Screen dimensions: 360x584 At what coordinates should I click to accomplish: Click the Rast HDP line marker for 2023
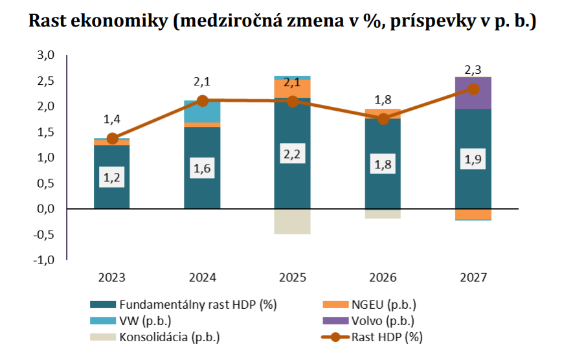pyautogui.click(x=112, y=139)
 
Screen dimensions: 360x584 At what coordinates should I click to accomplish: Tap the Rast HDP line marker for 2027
pyautogui.click(x=473, y=89)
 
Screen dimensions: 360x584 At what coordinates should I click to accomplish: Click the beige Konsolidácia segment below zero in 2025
pyautogui.click(x=292, y=221)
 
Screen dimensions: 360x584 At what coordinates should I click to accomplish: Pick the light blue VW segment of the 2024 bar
pyautogui.click(x=202, y=111)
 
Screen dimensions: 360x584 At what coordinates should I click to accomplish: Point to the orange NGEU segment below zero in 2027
pyautogui.click(x=473, y=214)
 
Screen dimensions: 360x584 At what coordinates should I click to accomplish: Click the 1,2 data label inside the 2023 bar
pyautogui.click(x=111, y=176)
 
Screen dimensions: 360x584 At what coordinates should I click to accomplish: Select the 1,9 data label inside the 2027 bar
pyautogui.click(x=473, y=161)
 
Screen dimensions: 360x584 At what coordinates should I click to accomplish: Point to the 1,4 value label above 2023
pyautogui.click(x=112, y=119)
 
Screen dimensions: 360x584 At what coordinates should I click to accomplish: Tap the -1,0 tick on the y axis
pyautogui.click(x=44, y=260)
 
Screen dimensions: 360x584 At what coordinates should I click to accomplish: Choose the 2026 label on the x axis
pyautogui.click(x=383, y=278)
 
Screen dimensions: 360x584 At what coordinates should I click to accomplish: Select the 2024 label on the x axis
pyautogui.click(x=202, y=278)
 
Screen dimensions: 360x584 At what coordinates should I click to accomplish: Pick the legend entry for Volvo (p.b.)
pyautogui.click(x=382, y=321)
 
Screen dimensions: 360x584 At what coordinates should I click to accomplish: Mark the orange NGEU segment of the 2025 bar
pyautogui.click(x=292, y=88)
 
